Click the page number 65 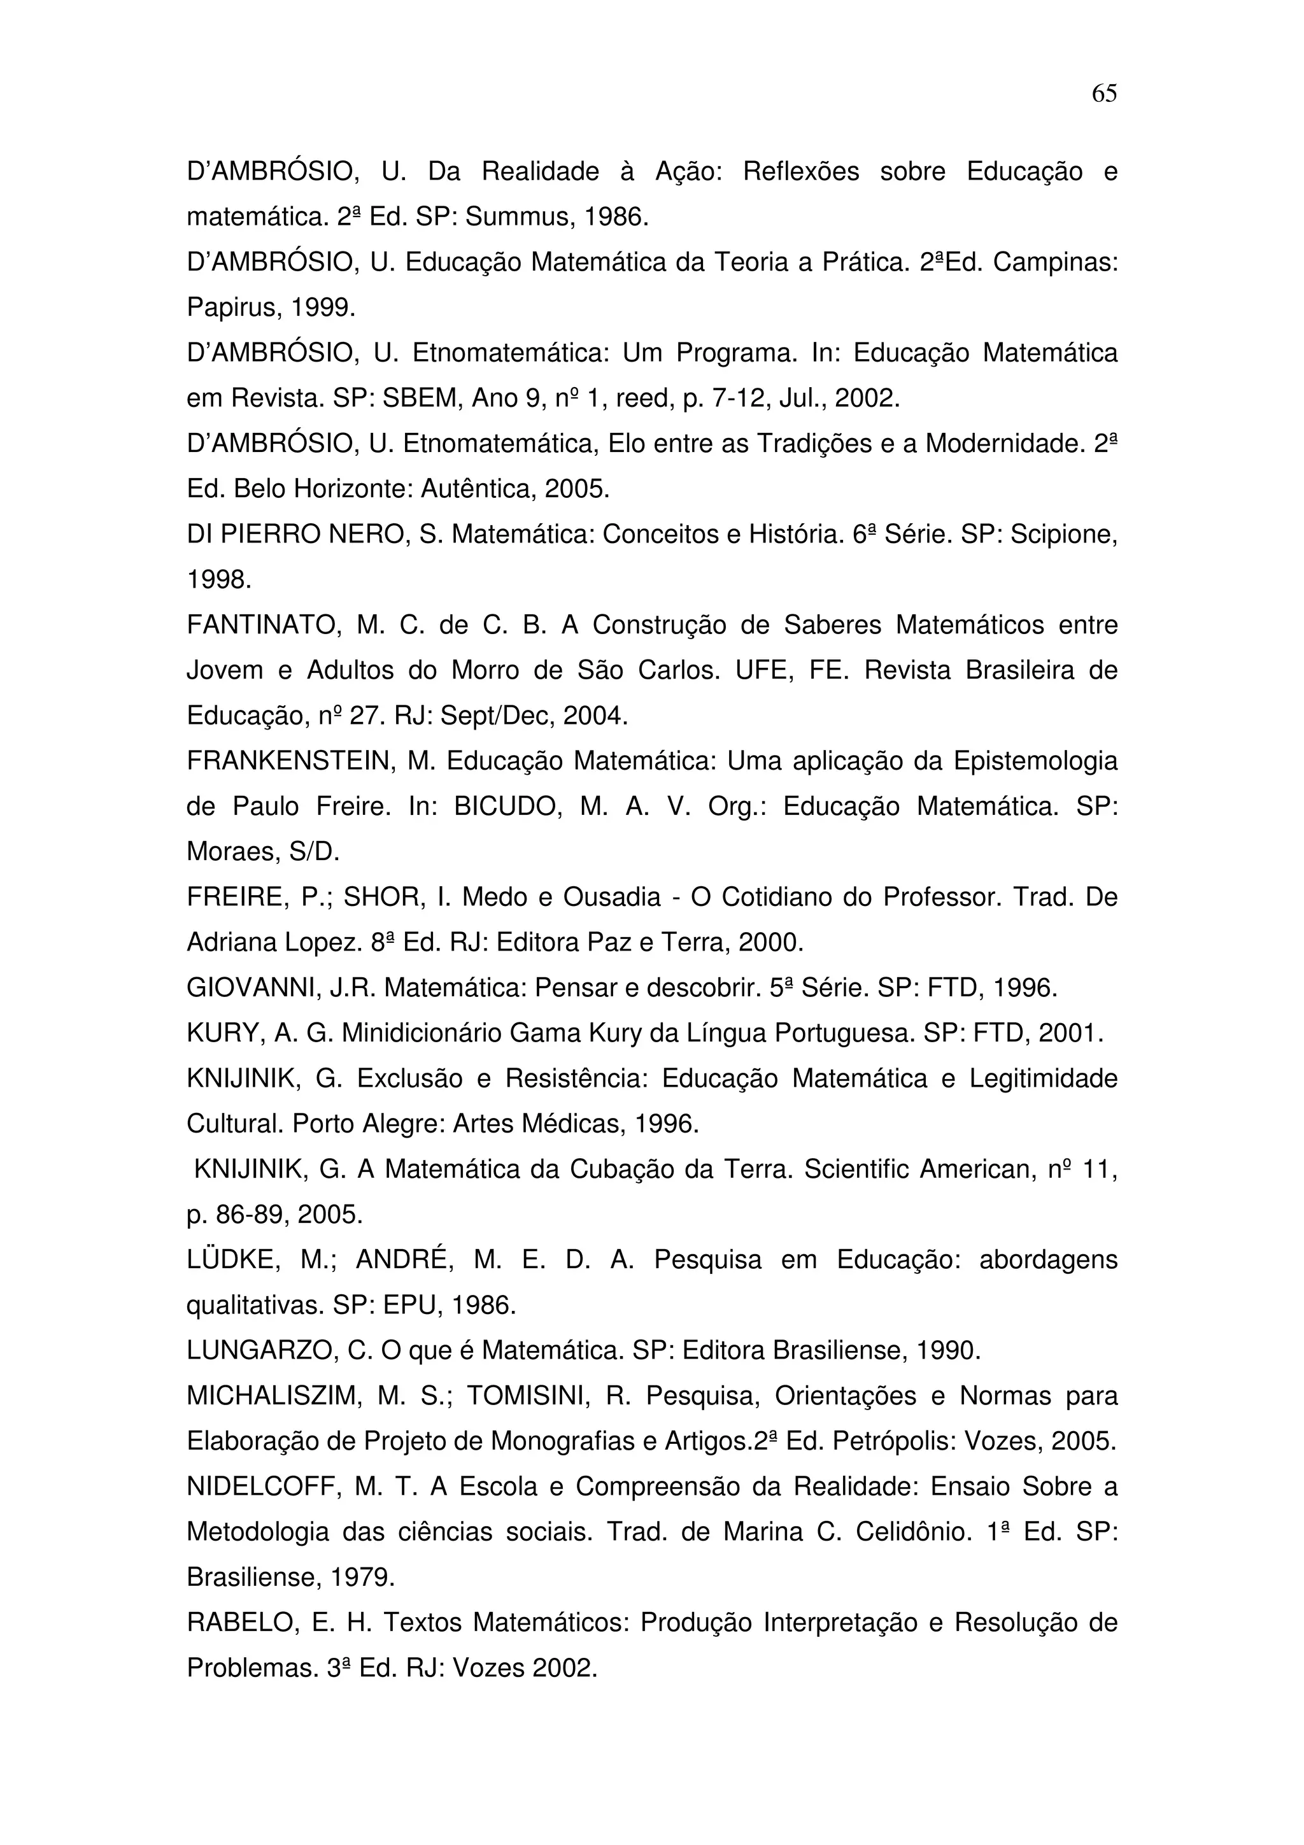tap(1104, 94)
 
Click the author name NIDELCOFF tap(259, 1487)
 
